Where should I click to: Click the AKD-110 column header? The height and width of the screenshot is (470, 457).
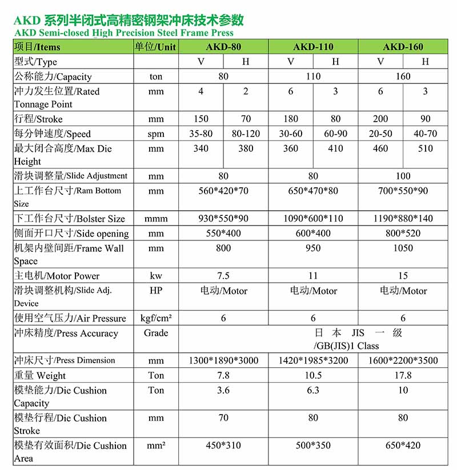313,47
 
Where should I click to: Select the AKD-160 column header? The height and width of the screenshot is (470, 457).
403,47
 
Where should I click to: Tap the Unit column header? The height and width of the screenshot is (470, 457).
155,47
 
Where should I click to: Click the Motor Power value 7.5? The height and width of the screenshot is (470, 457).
223,275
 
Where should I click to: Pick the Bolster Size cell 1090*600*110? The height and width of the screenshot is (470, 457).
313,218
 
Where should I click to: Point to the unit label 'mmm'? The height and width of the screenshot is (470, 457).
156,218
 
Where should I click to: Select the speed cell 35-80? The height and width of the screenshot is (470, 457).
201,134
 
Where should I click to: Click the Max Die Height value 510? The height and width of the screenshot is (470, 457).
425,148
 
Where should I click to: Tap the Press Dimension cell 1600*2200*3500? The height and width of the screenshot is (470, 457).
403,360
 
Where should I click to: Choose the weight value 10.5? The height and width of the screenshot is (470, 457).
313,375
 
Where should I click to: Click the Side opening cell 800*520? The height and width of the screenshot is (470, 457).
403,233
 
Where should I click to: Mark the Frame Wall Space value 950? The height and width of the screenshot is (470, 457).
313,248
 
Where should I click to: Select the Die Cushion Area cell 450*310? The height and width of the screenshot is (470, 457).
223,445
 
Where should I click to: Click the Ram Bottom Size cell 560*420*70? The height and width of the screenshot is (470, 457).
223,191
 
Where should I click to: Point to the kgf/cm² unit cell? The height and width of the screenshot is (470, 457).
156,318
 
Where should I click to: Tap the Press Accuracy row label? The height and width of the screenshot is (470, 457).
66,333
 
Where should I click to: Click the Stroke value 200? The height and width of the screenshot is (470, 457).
380,119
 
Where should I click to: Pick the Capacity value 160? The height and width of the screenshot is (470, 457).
403,77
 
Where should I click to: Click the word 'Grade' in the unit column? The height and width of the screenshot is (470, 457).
156,333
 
